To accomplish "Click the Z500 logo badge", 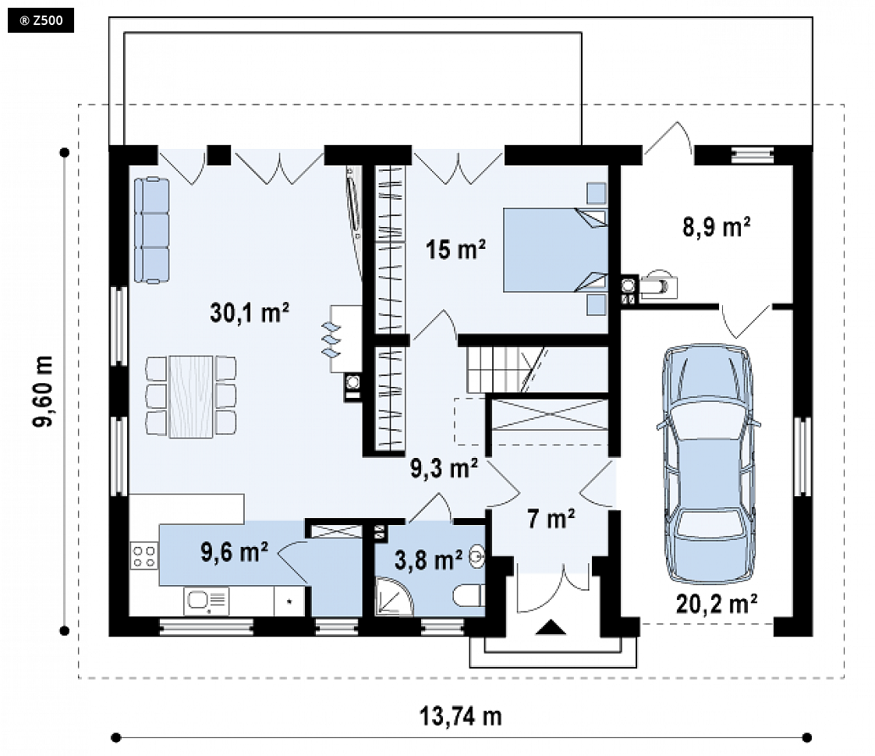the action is pos(41,21).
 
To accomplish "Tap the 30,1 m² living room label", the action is pos(250,313).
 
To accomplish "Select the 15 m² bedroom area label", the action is pos(455,249).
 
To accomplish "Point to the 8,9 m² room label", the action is pos(716,227).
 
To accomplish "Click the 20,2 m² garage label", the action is pos(717,604).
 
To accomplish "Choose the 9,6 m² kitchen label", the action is pos(235,552).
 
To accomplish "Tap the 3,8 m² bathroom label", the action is pos(428,560).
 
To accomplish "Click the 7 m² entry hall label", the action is pos(551,519).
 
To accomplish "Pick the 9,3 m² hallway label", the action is pos(445,468).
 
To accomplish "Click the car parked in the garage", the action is pos(708,463).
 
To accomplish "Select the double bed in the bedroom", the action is pos(555,250).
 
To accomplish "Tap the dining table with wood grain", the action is pos(191,396).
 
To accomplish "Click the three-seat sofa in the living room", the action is pos(151,230).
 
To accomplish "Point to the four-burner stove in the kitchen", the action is pos(144,556).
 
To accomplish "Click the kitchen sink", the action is pos(206,601).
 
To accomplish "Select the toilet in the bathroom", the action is pos(468,595).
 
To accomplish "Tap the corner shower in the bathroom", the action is pos(394,597).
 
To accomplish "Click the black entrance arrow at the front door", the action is pos(551,627).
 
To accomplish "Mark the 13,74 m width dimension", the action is pos(460,716).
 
